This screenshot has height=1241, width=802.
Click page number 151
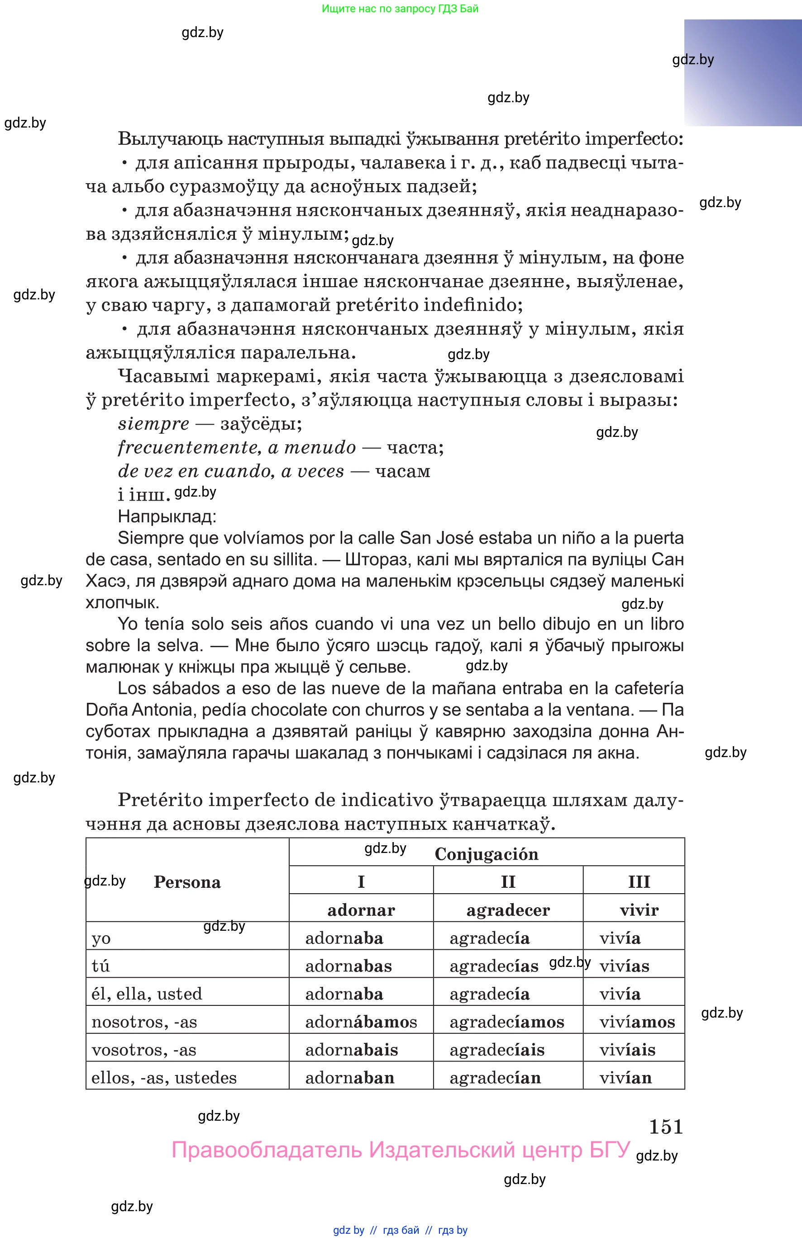[x=666, y=1127]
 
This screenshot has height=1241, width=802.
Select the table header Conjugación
[x=486, y=854]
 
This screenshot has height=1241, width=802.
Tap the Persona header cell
[x=187, y=882]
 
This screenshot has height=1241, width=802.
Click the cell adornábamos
[x=361, y=1022]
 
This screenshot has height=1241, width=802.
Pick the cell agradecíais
[x=497, y=1050]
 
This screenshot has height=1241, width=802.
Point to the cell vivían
[x=625, y=1078]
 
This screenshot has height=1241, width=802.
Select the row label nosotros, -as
[x=144, y=1022]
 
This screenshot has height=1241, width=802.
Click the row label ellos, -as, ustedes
[x=164, y=1078]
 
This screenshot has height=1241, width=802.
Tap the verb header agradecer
[x=508, y=910]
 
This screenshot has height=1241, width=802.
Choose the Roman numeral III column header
[x=639, y=882]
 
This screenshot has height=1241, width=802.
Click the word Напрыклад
[x=167, y=516]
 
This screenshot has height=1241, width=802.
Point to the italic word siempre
[x=153, y=424]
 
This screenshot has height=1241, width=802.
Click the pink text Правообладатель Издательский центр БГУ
[x=401, y=1150]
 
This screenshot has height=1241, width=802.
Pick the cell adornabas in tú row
[x=348, y=966]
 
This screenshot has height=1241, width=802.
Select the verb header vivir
[x=639, y=910]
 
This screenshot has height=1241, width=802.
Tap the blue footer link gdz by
[x=348, y=1230]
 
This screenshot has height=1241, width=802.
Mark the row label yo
[x=101, y=938]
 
